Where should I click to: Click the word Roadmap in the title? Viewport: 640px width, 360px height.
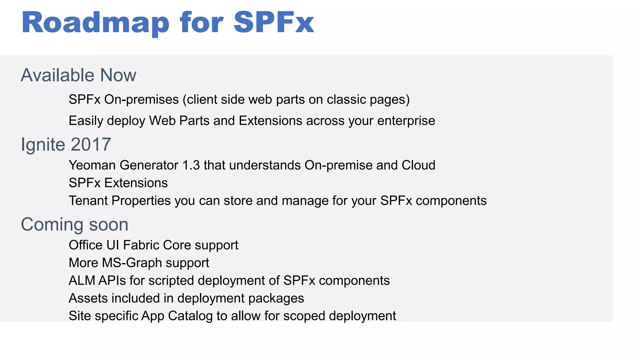pos(95,22)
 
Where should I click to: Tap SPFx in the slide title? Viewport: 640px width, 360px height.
pos(274,22)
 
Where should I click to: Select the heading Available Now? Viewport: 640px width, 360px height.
pos(78,75)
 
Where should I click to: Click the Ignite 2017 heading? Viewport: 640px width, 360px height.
pos(66,144)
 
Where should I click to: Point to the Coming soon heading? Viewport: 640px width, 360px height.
pos(75,224)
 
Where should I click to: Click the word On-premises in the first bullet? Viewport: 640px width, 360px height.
pos(142,100)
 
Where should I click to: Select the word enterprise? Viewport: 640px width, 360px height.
pos(406,121)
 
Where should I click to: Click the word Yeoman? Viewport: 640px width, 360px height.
pos(92,165)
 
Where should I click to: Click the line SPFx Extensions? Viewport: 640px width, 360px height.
pos(118,183)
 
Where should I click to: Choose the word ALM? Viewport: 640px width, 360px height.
pos(82,281)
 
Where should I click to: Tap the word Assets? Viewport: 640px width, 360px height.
pos(88,298)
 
